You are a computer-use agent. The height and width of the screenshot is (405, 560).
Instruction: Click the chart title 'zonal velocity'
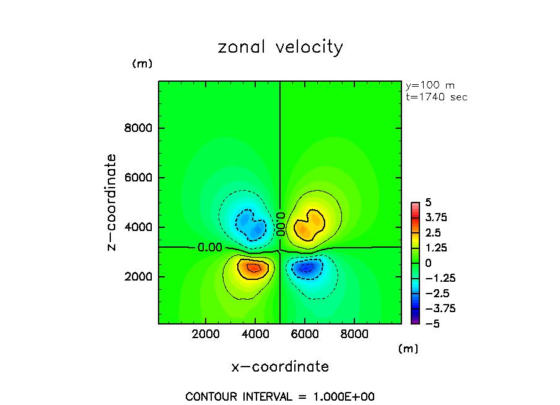(x=280, y=48)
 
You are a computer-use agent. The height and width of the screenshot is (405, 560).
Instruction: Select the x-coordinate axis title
(x=280, y=367)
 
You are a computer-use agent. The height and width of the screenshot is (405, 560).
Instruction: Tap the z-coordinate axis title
(x=112, y=202)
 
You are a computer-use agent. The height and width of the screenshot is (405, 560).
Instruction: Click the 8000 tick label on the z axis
(x=141, y=129)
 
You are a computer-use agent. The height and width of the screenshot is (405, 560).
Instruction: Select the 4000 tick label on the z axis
(x=141, y=227)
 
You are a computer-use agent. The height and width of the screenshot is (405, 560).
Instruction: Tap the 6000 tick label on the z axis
(x=141, y=178)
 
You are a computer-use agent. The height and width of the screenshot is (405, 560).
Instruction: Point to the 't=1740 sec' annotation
(x=436, y=97)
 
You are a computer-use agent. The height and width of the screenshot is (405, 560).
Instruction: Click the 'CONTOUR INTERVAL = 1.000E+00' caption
(x=280, y=396)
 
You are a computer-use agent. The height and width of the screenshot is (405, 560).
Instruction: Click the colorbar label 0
(x=427, y=263)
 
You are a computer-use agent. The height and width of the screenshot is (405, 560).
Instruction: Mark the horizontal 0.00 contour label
(x=209, y=248)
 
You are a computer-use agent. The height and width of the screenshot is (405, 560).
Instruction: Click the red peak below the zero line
(x=253, y=268)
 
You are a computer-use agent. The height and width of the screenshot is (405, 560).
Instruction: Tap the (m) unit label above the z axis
(x=142, y=64)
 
